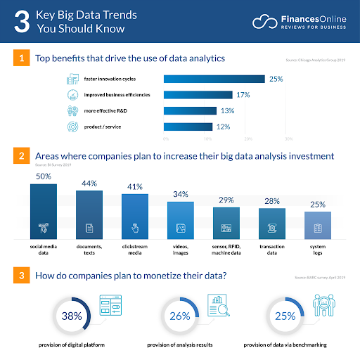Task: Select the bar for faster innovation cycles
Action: click(214, 79)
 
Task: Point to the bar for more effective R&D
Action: click(190, 110)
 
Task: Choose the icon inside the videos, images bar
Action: click(180, 229)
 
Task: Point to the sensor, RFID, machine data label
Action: click(225, 252)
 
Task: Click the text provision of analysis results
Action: click(180, 346)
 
